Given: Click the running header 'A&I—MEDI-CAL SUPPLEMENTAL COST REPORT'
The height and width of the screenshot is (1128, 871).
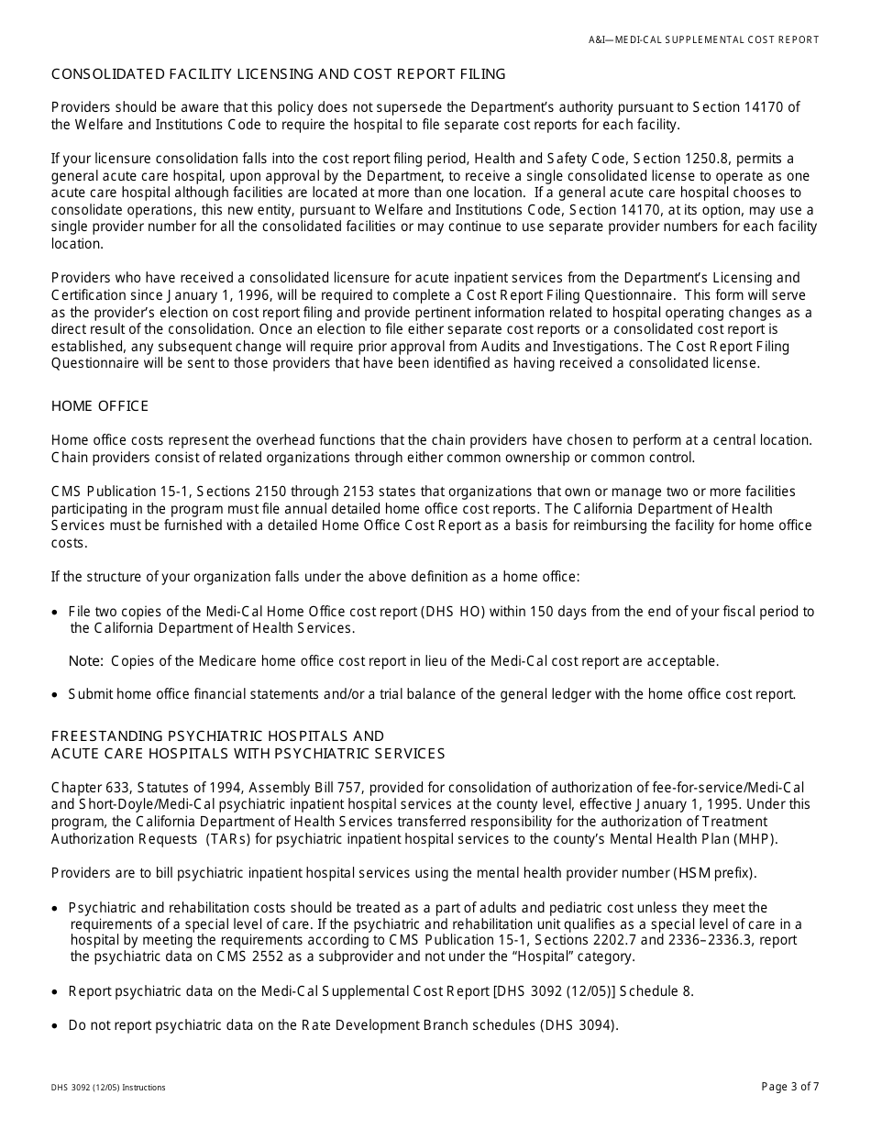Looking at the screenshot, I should coord(703,39).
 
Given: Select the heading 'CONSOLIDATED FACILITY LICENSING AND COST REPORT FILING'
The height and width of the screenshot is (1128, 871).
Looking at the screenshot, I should coord(278,73).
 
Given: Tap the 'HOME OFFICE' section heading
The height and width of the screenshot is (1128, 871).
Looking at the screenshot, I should coord(100,406).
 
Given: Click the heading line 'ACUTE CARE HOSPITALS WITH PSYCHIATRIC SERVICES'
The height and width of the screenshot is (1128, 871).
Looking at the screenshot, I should coord(248,754).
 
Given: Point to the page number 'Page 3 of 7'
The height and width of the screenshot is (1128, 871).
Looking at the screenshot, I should coord(790,1087).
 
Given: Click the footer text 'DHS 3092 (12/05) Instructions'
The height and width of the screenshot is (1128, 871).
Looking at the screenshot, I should coord(108,1088).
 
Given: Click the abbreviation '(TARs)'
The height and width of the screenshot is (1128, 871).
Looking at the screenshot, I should coord(227,838).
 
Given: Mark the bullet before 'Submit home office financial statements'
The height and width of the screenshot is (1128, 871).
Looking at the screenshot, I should coord(58,694).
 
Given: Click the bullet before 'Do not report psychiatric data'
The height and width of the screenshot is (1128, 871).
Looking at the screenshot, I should coord(58,1025).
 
